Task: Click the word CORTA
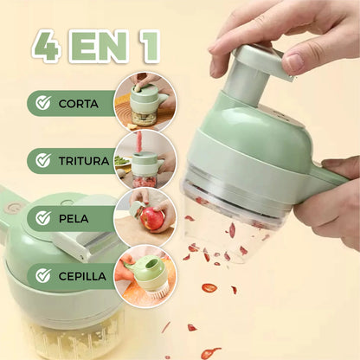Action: tap(79, 104)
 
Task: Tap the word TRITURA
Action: tap(84, 161)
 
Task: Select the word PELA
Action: tap(74, 219)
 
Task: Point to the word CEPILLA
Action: tap(82, 276)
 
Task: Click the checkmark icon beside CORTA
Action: tap(43, 103)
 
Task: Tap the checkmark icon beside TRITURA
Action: tap(43, 160)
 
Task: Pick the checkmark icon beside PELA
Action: tap(43, 218)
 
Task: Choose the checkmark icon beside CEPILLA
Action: tap(43, 276)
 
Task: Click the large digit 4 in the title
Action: tap(48, 46)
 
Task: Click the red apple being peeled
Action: tap(152, 218)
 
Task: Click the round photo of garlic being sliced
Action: tap(145, 102)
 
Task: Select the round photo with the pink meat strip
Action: tap(145, 159)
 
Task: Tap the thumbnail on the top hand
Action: tap(294, 62)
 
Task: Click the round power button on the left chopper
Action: tap(12, 207)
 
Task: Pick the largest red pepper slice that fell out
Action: tap(209, 287)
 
